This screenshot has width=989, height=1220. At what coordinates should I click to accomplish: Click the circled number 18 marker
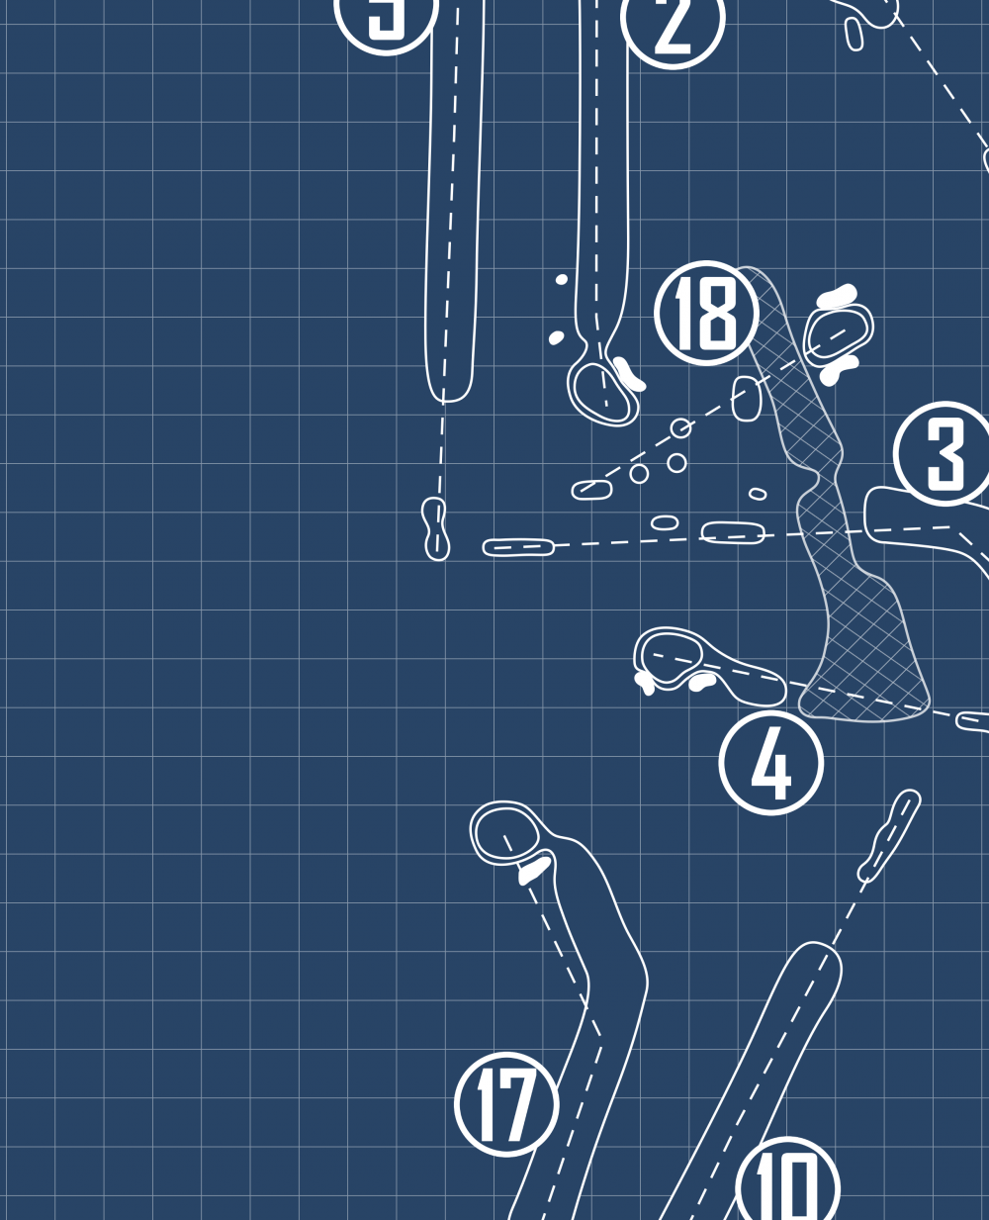[706, 313]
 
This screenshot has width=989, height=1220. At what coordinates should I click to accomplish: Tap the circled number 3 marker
[944, 453]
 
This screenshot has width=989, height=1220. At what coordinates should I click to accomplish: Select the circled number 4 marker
[770, 763]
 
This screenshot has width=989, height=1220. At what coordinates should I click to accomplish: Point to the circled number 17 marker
[506, 1103]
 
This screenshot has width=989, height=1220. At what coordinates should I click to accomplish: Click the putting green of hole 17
[504, 832]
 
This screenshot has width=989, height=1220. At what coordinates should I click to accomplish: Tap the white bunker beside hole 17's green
[535, 869]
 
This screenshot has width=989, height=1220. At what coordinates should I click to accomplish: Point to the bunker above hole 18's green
[836, 296]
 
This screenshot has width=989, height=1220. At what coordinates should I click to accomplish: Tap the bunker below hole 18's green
[839, 369]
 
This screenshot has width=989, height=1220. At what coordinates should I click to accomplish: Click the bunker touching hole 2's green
[628, 373]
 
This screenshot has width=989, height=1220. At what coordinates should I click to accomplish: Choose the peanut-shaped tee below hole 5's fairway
[435, 528]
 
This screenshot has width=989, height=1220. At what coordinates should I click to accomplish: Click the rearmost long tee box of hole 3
[518, 546]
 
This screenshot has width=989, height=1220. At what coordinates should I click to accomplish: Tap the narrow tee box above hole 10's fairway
[890, 835]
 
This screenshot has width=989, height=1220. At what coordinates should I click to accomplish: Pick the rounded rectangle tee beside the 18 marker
[747, 398]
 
